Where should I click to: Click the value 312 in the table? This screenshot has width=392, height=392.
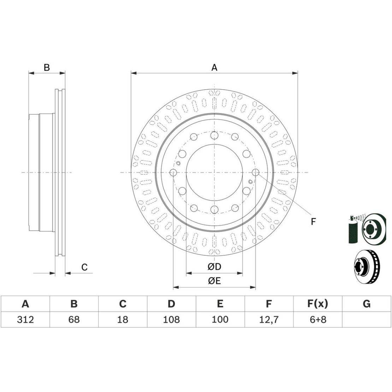click(x=25, y=319)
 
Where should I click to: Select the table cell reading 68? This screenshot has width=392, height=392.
click(x=74, y=319)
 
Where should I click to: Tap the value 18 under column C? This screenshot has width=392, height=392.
click(x=123, y=319)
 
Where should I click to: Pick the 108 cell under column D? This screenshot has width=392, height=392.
click(x=171, y=319)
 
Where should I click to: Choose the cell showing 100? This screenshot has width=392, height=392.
click(x=220, y=319)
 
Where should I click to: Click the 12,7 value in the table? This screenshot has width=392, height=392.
click(x=269, y=320)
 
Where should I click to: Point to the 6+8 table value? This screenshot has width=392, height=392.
click(x=318, y=319)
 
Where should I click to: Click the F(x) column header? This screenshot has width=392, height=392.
click(x=317, y=304)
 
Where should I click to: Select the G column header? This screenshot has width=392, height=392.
click(x=367, y=304)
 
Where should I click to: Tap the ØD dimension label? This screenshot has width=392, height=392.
click(x=214, y=267)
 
